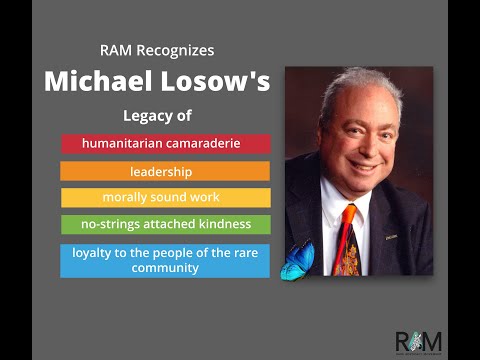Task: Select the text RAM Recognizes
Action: [157, 50]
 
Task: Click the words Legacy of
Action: [157, 116]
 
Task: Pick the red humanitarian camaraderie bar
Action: [165, 144]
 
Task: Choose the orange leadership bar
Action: [165, 171]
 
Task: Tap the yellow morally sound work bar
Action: [165, 198]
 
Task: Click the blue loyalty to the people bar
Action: [165, 260]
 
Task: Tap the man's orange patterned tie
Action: [347, 240]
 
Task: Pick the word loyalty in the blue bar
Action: [92, 252]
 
